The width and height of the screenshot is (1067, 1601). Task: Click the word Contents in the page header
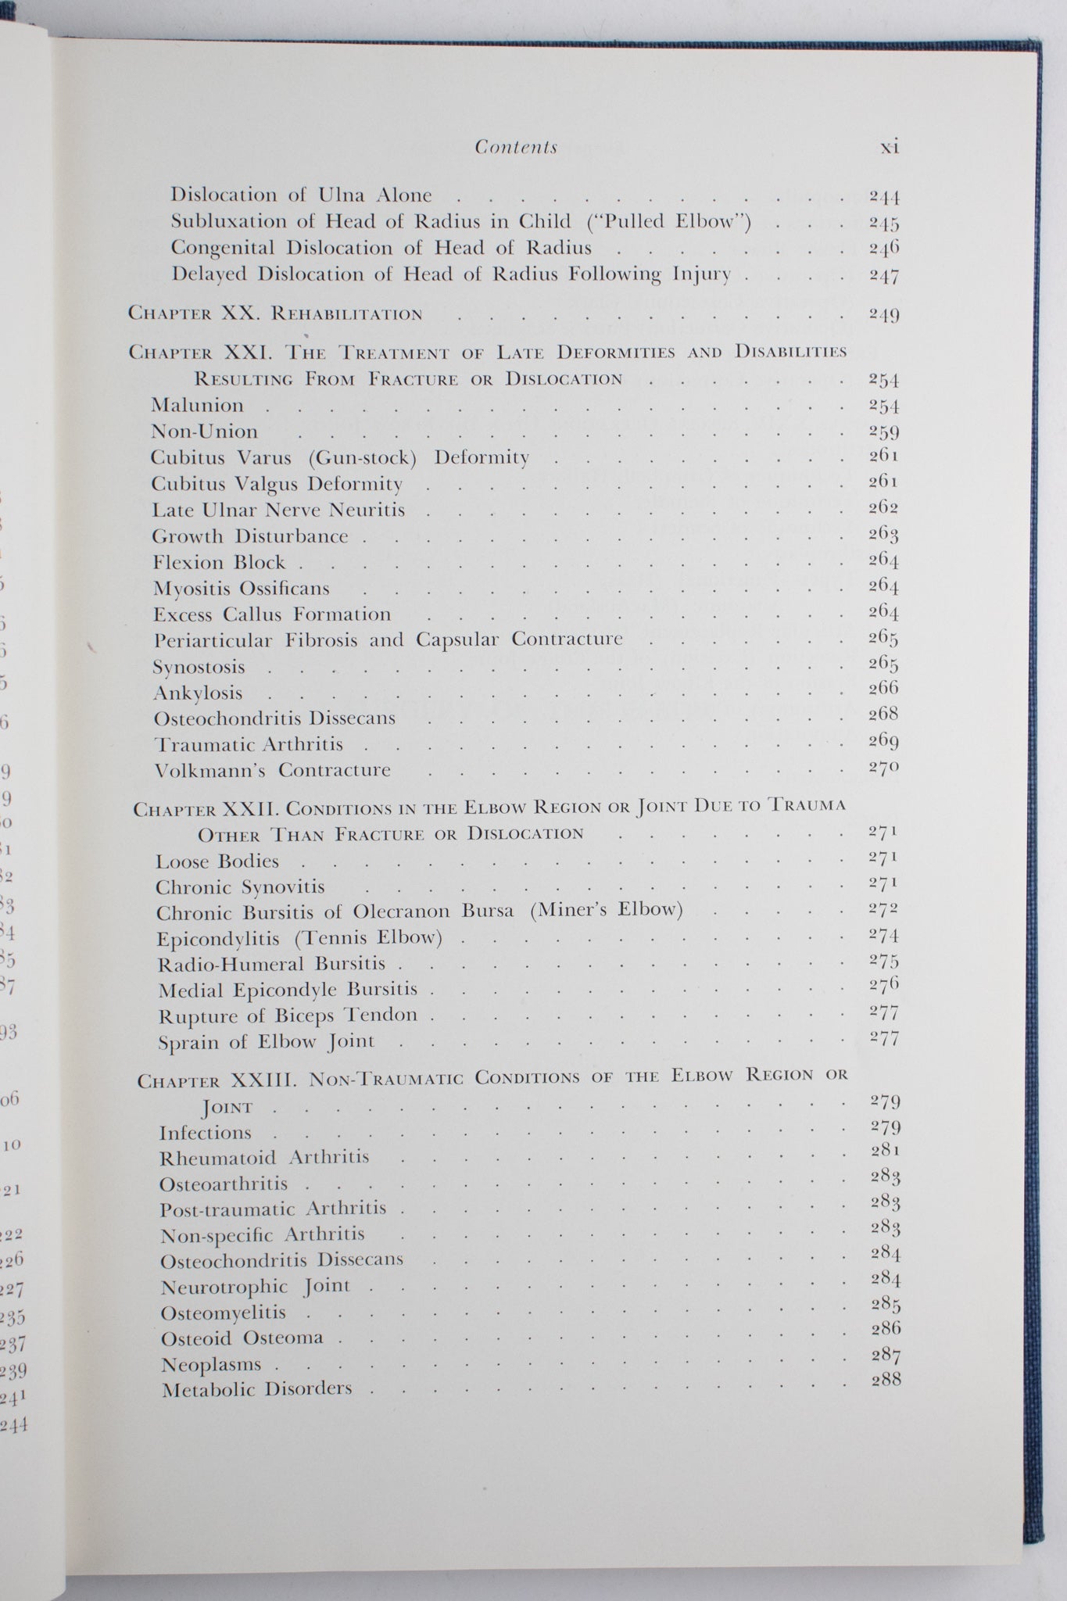[x=516, y=147]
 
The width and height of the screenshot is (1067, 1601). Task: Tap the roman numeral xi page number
[x=889, y=147]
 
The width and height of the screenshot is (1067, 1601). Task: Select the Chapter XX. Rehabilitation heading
[x=275, y=314]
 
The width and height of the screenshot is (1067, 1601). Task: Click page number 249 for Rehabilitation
[x=883, y=315]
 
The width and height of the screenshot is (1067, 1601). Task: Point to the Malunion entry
[x=198, y=406]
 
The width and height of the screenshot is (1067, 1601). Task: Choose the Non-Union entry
[x=205, y=432]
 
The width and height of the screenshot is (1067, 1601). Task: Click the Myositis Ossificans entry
[x=242, y=589]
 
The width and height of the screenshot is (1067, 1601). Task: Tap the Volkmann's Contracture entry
[x=272, y=770]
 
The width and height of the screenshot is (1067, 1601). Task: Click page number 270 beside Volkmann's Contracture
[x=883, y=768]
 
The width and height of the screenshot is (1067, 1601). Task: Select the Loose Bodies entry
[x=217, y=861]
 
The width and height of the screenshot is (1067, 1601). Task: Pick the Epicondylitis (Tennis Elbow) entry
[x=299, y=938]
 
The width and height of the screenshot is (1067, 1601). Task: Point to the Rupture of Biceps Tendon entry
[x=288, y=1015]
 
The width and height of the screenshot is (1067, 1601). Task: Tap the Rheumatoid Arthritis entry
[x=264, y=1158]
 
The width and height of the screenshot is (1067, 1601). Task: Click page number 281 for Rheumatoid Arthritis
[x=885, y=1150]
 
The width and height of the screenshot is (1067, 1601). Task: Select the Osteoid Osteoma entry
[x=242, y=1338]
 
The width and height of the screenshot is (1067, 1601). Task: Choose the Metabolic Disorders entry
[x=257, y=1389]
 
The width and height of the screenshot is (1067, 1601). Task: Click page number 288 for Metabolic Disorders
[x=886, y=1380]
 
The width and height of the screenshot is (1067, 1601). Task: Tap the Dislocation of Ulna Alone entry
[x=301, y=195]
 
